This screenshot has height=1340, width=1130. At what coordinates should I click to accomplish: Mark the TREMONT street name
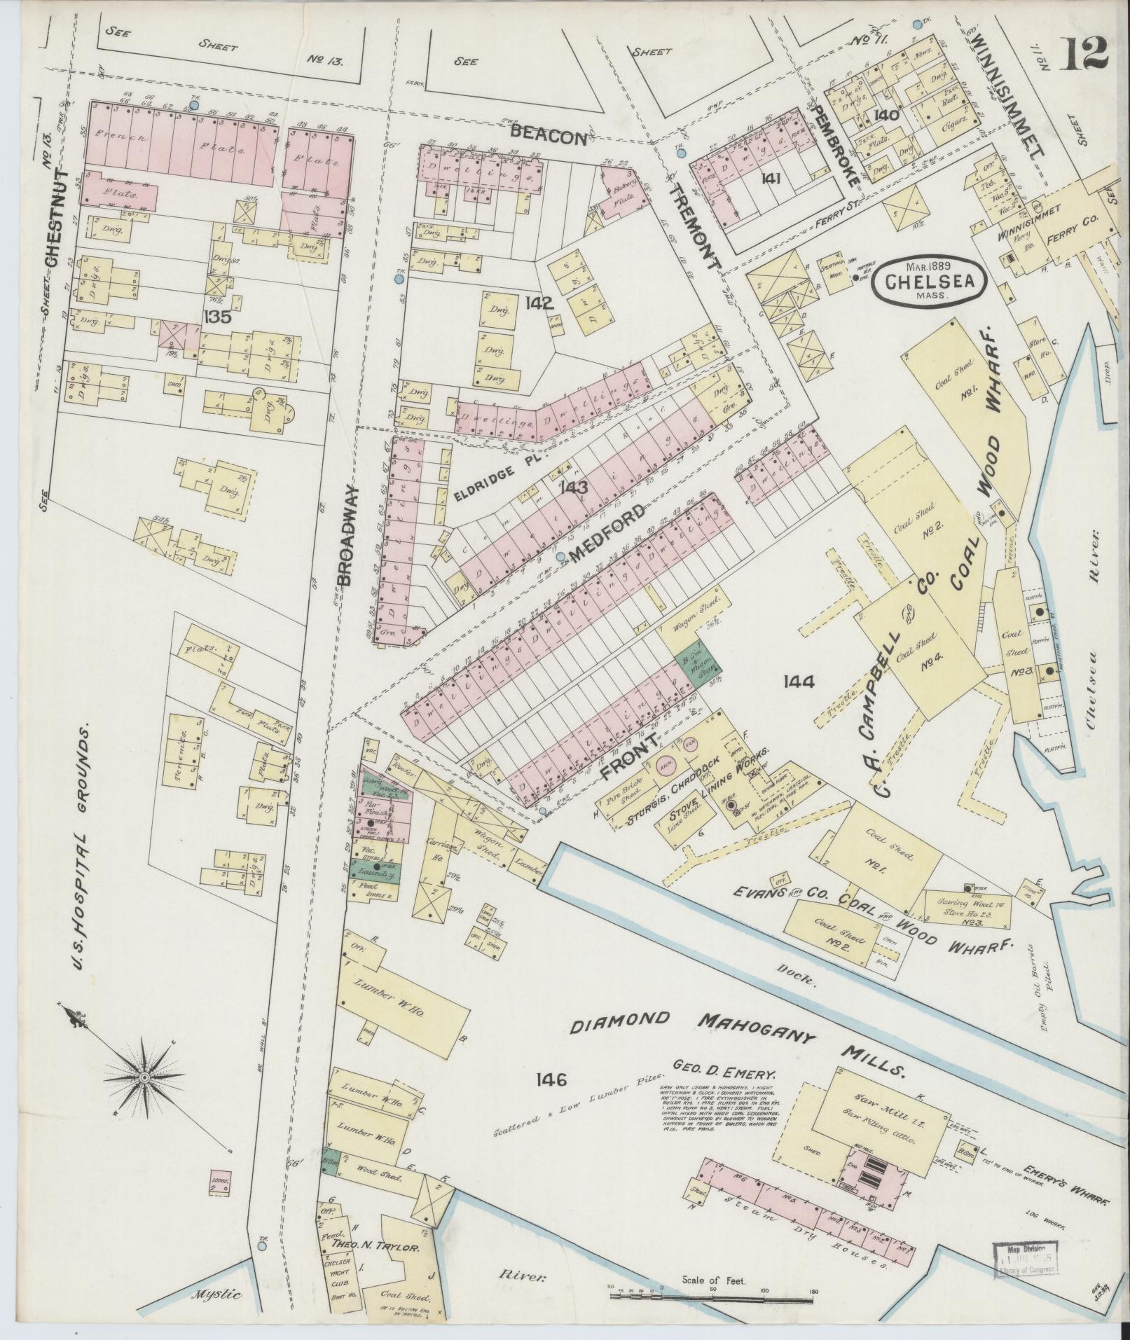694,226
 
